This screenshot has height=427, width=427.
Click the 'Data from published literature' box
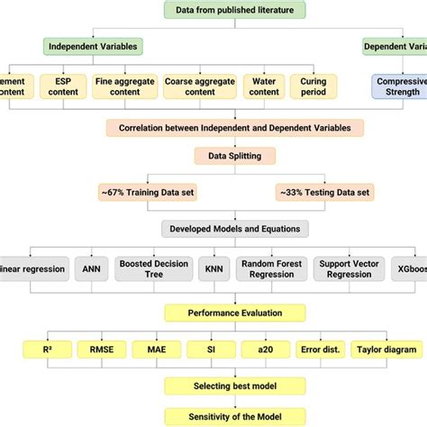tap(235, 11)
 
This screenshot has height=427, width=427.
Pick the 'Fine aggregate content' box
tap(123, 86)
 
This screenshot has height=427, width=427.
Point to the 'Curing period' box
tap(314, 86)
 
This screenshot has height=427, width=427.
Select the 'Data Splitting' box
tap(234, 156)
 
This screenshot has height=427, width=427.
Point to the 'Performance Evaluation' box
tap(234, 312)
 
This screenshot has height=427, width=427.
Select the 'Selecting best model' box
tap(234, 385)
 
